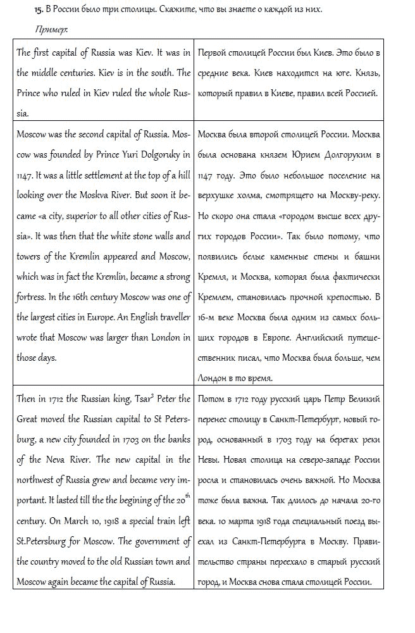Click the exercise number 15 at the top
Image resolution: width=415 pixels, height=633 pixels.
tap(39, 9)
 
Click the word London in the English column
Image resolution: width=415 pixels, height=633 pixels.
tap(163, 337)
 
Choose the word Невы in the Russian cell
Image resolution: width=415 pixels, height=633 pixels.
tap(209, 459)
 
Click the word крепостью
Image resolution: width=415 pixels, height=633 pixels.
tap(343, 296)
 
